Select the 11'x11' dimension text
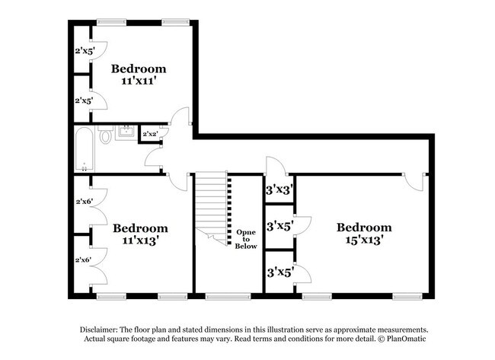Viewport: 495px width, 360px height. pos(139,81)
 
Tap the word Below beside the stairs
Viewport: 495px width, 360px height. pos(246,246)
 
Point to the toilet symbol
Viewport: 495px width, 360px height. pos(106,135)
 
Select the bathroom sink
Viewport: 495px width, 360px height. pos(126,133)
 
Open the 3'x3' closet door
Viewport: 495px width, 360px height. pos(274,165)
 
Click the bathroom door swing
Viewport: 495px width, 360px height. pos(155,158)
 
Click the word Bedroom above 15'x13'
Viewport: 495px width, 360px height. pos(364,227)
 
